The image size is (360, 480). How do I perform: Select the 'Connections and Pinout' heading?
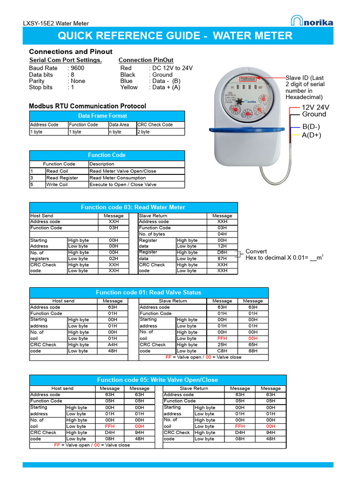coord(71,52)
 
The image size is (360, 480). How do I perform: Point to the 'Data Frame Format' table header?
coord(107,116)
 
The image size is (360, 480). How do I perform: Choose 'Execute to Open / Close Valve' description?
coord(123,185)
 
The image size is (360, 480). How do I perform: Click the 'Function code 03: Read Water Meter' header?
coord(133,207)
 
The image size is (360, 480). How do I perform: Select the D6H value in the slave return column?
coord(222,252)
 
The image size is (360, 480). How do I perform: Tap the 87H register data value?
coord(222,258)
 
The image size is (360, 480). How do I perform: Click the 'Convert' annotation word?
coord(256,251)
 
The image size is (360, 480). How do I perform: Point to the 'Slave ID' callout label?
coord(305,78)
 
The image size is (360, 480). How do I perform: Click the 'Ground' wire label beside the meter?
coord(314,114)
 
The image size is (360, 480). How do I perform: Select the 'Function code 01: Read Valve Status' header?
coord(149,292)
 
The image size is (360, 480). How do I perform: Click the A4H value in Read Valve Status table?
coord(112,345)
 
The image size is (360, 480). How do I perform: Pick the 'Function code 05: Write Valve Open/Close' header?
coord(157,380)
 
